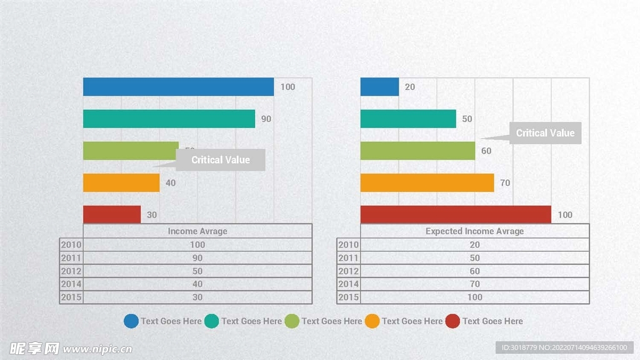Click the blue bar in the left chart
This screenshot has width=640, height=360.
178,87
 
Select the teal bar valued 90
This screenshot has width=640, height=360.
169,119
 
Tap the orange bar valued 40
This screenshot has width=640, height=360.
121,182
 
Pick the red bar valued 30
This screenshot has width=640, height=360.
112,214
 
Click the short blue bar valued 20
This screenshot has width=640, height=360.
379,87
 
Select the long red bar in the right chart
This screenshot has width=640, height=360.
456,214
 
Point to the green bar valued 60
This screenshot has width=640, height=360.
417,151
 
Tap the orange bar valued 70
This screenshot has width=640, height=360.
427,182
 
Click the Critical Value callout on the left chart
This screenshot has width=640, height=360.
220,160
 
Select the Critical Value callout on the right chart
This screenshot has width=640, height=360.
545,133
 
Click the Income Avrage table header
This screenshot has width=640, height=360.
197,231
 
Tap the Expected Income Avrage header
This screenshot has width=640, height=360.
475,231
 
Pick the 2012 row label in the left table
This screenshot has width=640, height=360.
71,271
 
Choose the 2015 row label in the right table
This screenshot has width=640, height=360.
349,297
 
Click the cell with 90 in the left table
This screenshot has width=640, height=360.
197,258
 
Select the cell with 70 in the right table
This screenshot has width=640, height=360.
475,284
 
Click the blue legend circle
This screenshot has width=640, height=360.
131,321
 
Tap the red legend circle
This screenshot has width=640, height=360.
452,321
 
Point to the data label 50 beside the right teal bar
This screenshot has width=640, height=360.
467,119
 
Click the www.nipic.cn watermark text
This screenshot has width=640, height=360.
98,349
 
